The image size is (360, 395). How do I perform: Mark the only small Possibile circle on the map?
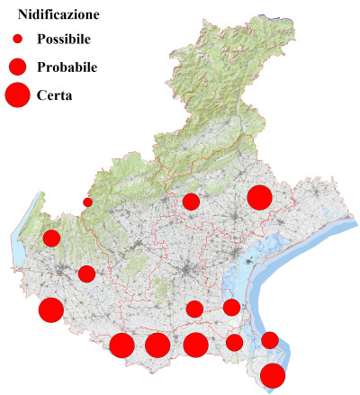[87, 202]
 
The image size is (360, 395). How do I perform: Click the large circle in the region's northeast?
[259, 197]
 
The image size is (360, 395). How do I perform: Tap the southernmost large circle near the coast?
[273, 375]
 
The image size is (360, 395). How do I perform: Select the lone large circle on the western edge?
[50, 310]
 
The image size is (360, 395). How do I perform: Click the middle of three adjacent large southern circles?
[157, 345]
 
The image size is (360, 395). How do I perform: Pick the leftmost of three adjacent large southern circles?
[122, 345]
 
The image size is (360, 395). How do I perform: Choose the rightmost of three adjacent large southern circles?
[195, 345]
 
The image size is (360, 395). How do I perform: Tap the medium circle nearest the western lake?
[51, 238]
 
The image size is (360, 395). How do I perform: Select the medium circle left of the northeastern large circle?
[191, 202]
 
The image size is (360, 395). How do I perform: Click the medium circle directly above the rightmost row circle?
[194, 310]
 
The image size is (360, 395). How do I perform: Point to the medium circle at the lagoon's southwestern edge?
[231, 308]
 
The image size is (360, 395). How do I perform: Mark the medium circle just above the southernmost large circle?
[270, 339]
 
